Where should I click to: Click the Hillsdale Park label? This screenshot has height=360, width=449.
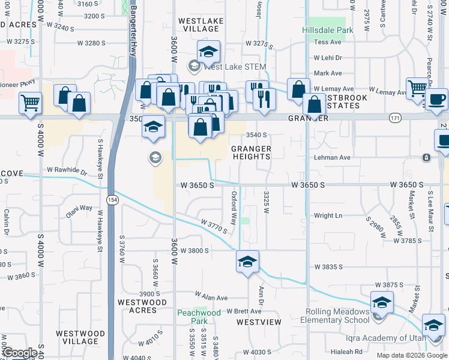327,29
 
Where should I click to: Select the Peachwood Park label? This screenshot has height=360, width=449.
199,317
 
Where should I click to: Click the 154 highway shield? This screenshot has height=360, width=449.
112,199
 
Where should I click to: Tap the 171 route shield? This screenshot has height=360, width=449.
394,118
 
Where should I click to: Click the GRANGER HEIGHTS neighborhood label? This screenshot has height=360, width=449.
252,152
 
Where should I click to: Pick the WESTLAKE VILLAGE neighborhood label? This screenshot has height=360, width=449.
201,25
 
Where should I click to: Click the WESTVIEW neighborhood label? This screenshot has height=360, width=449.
259,322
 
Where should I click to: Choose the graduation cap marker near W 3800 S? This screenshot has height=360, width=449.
247,262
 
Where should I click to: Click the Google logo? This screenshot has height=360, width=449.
20,353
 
